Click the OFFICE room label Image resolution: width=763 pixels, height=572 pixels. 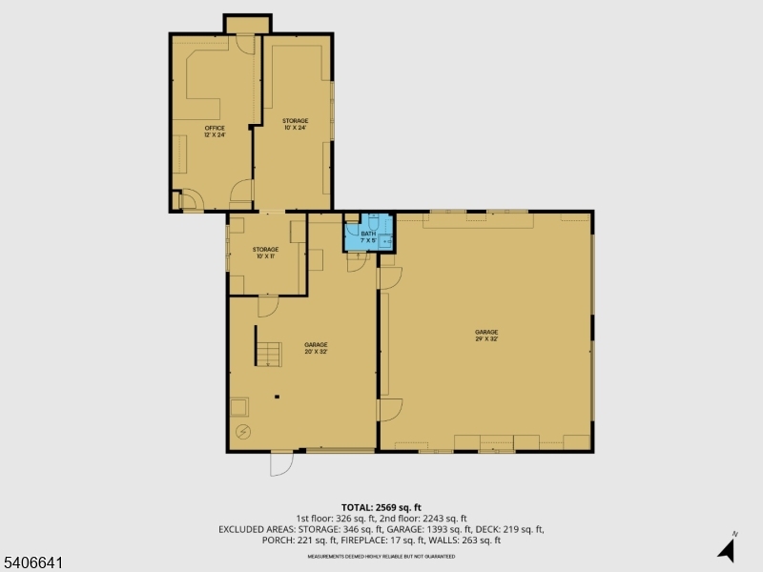pos(214,131)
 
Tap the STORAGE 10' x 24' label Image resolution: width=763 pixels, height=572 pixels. pos(295,124)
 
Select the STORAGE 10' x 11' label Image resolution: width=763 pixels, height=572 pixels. pos(265,253)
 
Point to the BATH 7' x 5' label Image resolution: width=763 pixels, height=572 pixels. pos(368,236)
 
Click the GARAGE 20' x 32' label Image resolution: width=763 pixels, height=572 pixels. pos(316,347)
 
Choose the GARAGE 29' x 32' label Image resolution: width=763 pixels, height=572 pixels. pos(486,335)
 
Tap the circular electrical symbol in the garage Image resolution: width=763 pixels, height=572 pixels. pos(243,433)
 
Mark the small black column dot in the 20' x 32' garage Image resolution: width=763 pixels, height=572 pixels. pos(277,396)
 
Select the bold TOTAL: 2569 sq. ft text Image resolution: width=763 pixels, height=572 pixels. pos(381,507)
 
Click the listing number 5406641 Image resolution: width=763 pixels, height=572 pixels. pos(32,563)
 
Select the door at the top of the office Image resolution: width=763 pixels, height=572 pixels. pos(243,45)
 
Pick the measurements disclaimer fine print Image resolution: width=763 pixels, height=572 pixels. pos(381,553)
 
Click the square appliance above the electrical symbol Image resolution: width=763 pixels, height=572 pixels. pos(238,408)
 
